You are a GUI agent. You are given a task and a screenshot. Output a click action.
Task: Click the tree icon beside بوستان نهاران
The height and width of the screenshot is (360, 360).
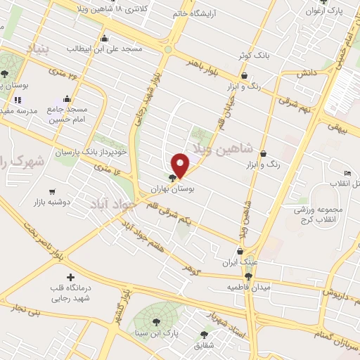pyautogui.click(x=173, y=178)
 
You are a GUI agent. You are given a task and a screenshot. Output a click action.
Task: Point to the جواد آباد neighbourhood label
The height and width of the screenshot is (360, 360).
pyautogui.click(x=111, y=205)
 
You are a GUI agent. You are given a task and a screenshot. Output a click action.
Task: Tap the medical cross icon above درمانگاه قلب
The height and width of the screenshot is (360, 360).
pyautogui.click(x=69, y=277)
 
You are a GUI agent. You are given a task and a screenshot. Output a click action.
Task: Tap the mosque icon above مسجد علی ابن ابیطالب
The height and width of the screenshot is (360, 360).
pyautogui.click(x=105, y=39)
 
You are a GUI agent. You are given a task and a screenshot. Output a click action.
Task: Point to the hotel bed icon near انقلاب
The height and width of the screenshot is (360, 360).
pyautogui.click(x=347, y=174)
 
